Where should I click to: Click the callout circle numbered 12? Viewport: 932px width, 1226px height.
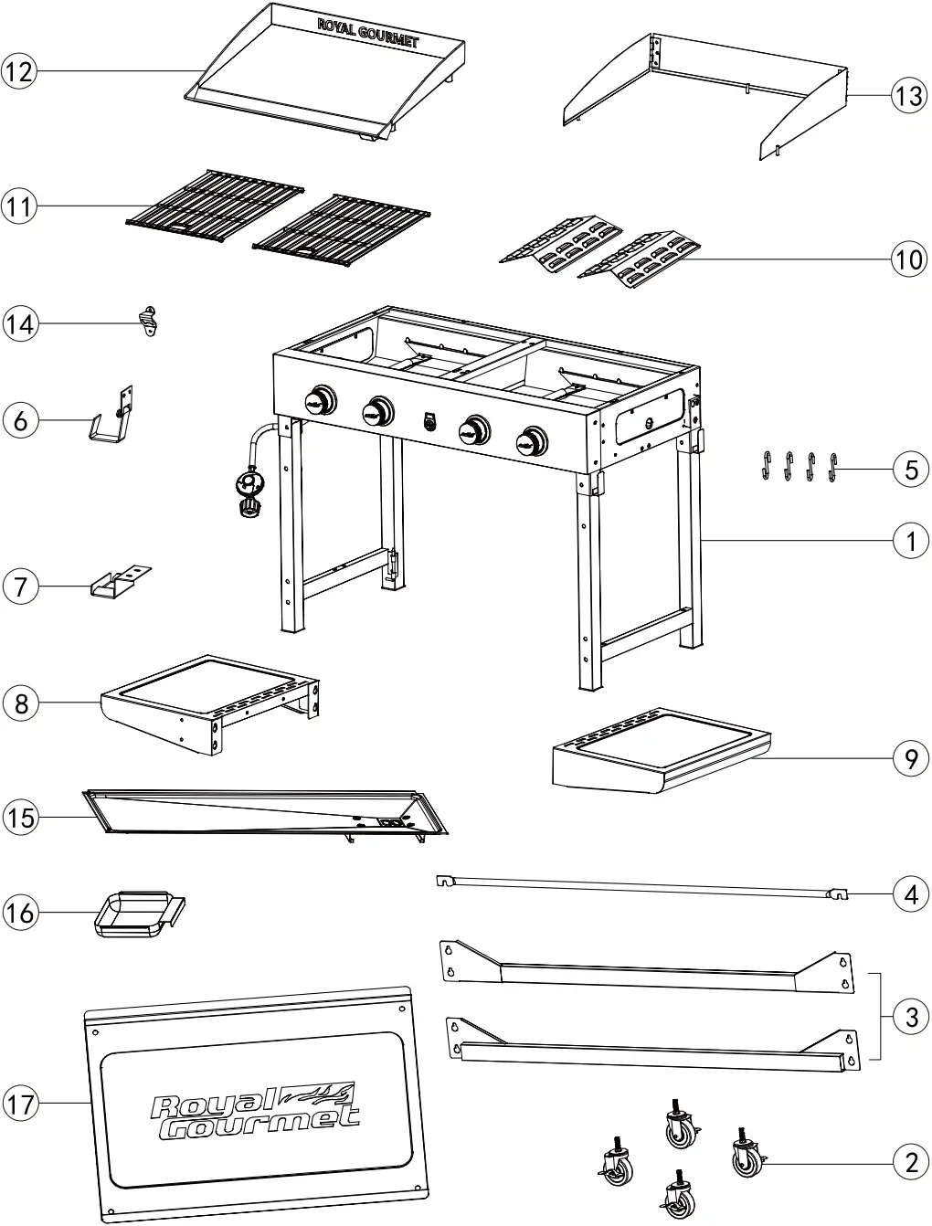pos(19,71)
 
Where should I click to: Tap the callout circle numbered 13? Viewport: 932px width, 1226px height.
pos(909,94)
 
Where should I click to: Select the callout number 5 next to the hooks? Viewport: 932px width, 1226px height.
pos(910,469)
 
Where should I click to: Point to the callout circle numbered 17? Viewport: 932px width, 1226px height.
pos(20,1104)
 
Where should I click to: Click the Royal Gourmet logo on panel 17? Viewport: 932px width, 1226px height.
pos(255,1109)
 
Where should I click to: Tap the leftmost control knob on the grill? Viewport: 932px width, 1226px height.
pos(320,400)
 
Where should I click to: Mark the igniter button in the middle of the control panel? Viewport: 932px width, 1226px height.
pos(428,421)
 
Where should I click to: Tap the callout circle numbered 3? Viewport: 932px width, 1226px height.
pos(910,1016)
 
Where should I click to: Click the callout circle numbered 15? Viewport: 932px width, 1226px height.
pos(20,816)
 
